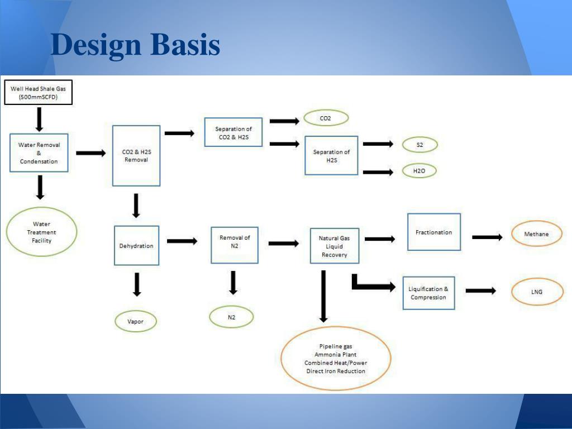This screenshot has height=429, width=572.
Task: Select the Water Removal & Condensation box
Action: (x=39, y=153)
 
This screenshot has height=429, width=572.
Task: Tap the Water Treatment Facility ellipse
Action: (x=41, y=232)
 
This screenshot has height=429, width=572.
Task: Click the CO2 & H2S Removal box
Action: (x=136, y=155)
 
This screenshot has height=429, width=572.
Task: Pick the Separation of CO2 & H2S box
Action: (x=233, y=132)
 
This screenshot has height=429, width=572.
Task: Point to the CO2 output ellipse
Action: (x=326, y=118)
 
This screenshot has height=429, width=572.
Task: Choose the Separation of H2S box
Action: (x=331, y=155)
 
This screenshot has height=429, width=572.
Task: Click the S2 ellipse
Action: (x=420, y=145)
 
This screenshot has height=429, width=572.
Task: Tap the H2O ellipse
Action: (x=420, y=171)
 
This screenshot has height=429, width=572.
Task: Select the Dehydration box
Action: (x=136, y=245)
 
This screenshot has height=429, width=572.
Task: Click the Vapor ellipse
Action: (x=135, y=321)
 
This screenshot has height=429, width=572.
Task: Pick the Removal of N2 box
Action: (x=235, y=245)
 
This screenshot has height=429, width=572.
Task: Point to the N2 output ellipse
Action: (x=231, y=317)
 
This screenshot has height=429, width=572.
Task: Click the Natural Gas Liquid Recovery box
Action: (x=334, y=246)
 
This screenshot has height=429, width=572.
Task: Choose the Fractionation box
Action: (x=434, y=232)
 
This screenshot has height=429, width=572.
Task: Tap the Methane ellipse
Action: (x=536, y=234)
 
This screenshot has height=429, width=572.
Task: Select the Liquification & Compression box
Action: (x=428, y=293)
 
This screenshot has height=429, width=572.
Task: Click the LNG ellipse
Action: (x=536, y=292)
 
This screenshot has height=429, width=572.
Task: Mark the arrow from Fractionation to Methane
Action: (x=487, y=237)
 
